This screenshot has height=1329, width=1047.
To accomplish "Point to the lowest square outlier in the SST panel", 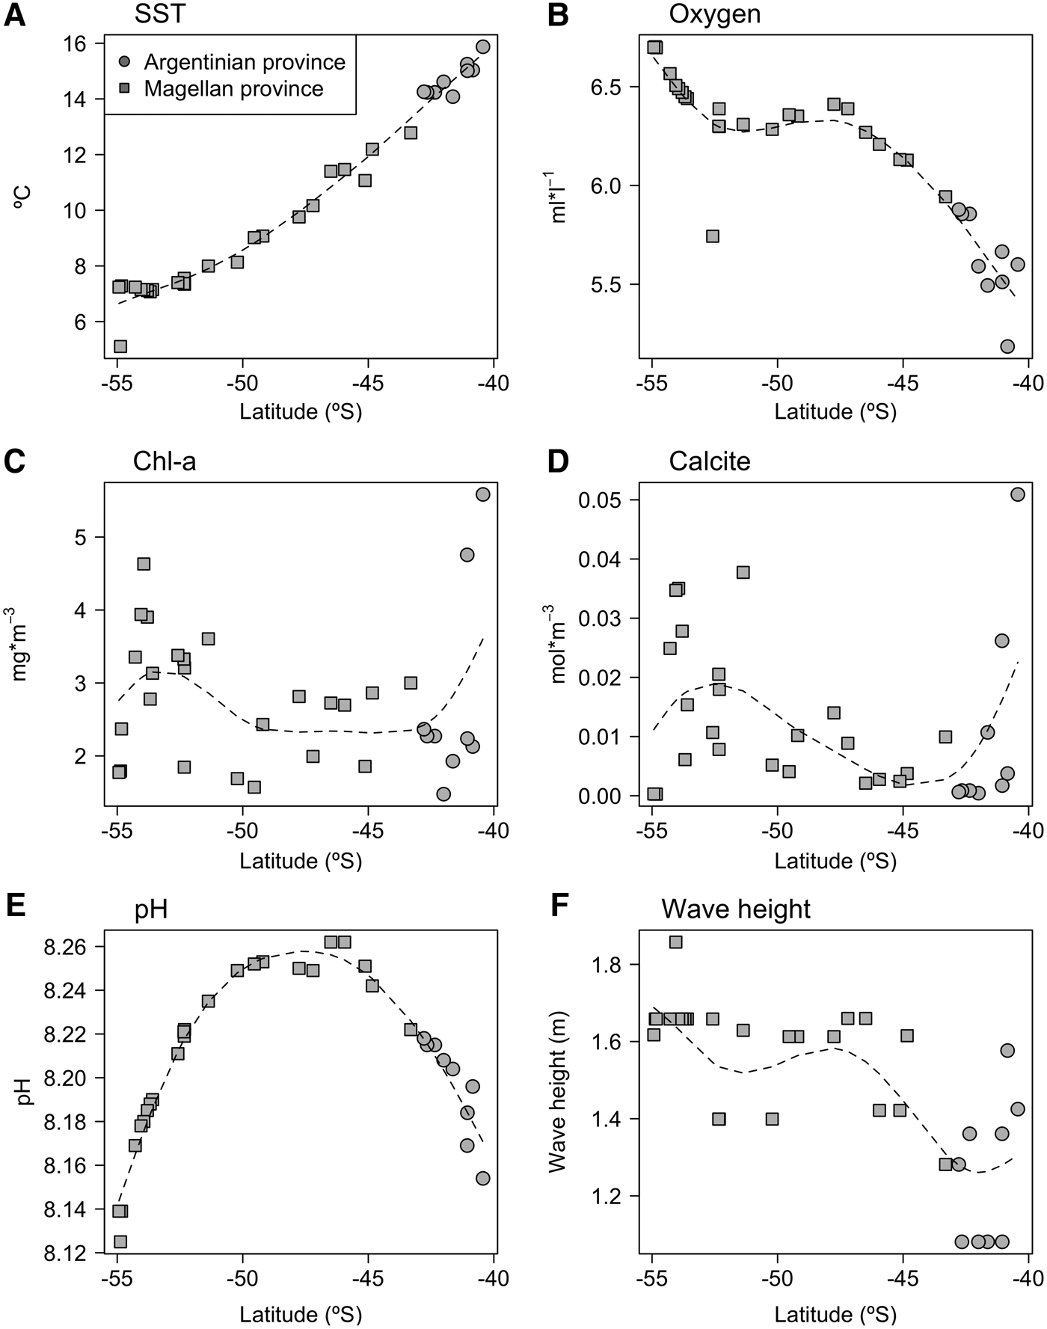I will click(x=120, y=346).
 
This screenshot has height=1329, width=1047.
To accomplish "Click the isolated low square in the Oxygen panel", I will click(x=713, y=236).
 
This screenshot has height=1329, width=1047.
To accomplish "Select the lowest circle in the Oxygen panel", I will click(x=1007, y=346).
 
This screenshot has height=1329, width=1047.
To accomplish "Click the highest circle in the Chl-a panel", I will click(x=482, y=494).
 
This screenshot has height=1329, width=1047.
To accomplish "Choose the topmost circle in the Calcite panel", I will click(x=1018, y=494).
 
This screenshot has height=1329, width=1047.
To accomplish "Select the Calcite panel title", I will click(x=710, y=461).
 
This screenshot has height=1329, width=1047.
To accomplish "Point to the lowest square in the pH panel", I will click(x=120, y=1241).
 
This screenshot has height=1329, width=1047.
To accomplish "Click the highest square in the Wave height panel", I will click(x=675, y=942).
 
